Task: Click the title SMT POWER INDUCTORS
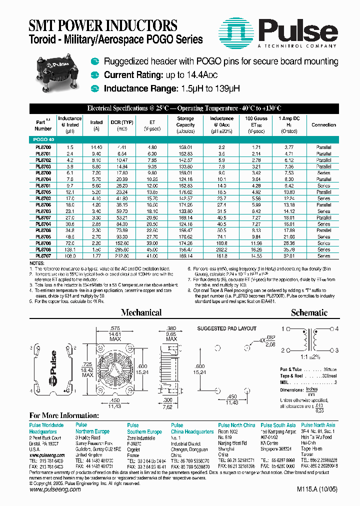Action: tap(102, 25)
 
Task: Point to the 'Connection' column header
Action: tap(323, 125)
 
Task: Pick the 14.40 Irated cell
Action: tap(96, 147)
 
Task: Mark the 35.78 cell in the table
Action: tap(288, 249)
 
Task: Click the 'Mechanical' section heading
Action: tap(141, 312)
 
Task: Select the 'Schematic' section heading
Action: tap(309, 312)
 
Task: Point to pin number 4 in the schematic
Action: tap(336, 328)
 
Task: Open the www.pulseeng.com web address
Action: tap(54, 490)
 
